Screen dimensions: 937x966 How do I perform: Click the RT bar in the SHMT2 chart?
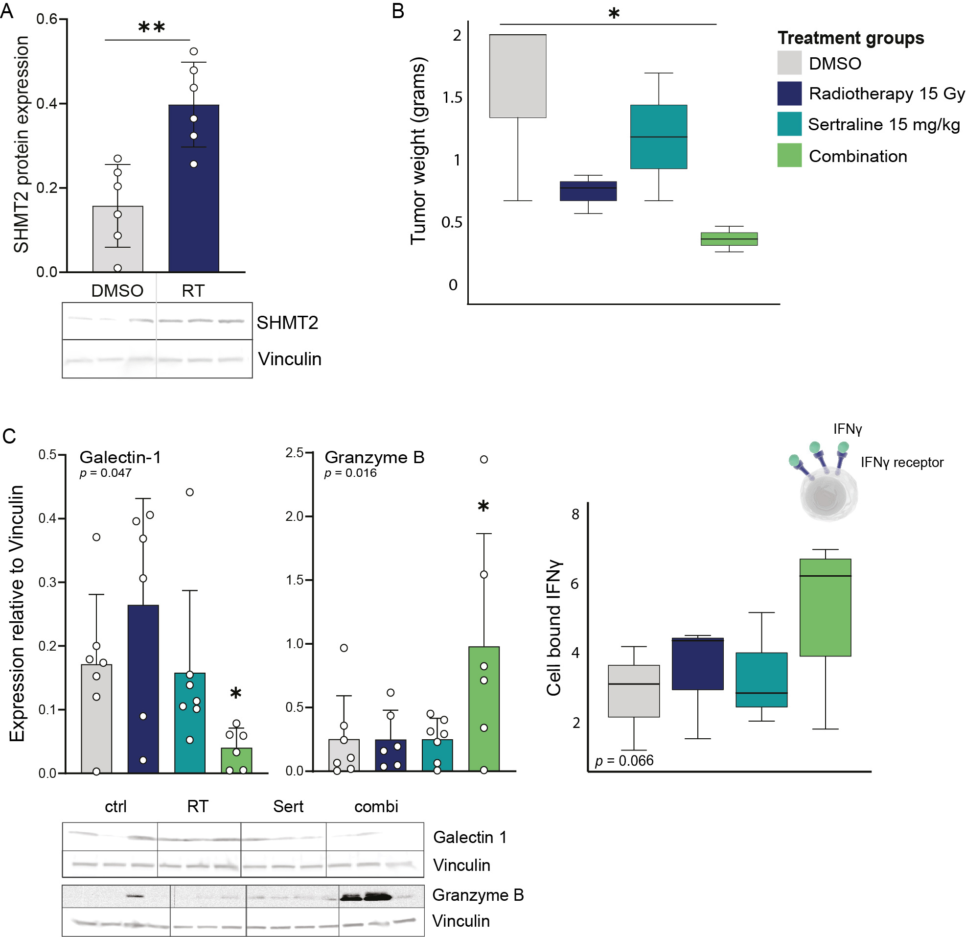pos(194,187)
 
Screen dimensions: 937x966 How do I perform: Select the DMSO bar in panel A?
pos(118,239)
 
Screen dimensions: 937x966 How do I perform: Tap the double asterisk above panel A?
pos(151,27)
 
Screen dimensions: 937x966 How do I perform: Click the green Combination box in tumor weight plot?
pos(729,239)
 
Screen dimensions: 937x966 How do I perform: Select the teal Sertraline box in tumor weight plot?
pos(659,137)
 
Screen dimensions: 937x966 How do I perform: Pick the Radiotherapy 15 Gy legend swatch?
pos(789,93)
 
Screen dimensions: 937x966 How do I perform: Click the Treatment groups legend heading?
pos(851,38)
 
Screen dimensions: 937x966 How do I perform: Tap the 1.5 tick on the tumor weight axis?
pos(452,97)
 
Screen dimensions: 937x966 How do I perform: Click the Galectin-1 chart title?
pos(120,457)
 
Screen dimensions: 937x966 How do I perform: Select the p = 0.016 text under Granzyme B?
pos(350,473)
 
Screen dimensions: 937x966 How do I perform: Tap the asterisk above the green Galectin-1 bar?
pos(235,693)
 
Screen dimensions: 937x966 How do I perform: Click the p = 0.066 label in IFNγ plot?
pos(624,760)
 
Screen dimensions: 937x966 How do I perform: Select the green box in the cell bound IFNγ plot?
pos(825,607)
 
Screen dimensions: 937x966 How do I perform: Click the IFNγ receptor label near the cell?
pos(902,462)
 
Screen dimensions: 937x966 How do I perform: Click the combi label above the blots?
pos(376,806)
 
